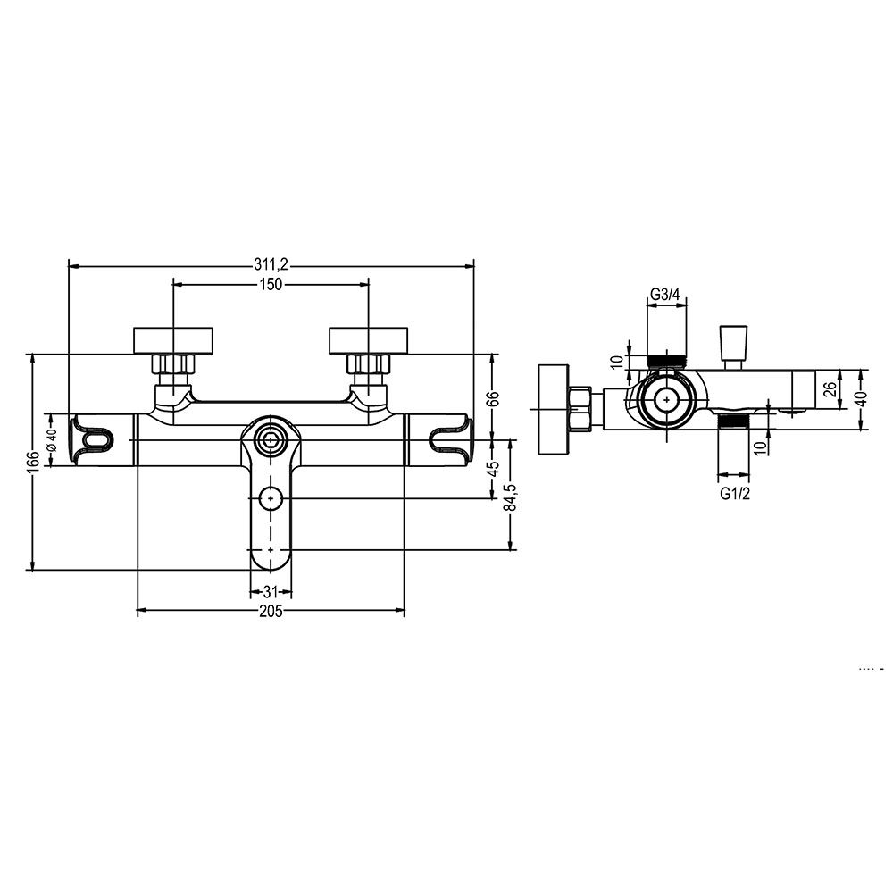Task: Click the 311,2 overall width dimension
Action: click(x=271, y=265)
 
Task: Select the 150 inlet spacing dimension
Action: click(x=271, y=284)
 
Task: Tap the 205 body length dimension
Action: click(x=271, y=611)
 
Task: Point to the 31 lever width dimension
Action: click(x=271, y=592)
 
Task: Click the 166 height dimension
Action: click(x=35, y=462)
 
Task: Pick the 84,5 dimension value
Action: click(x=510, y=497)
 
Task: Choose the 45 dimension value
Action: click(x=493, y=468)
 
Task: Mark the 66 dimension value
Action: click(x=493, y=398)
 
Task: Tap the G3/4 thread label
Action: click(x=665, y=295)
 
